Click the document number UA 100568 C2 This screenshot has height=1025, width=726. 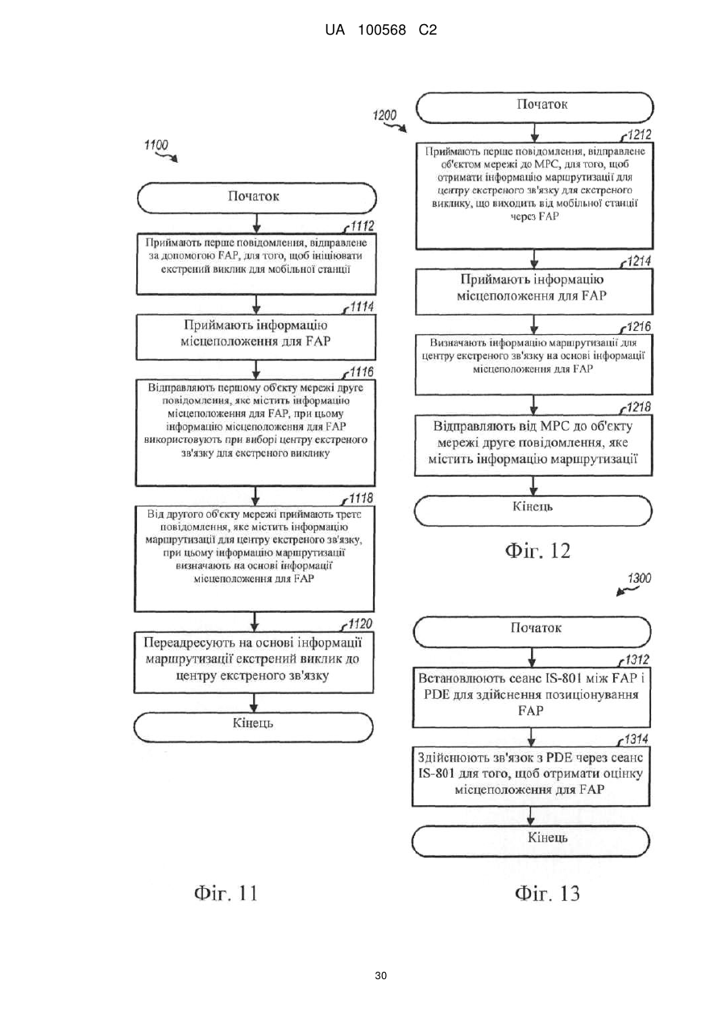coord(380,31)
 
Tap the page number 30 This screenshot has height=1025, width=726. coord(380,976)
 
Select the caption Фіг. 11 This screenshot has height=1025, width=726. coord(226,893)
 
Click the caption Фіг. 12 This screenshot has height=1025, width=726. coord(537,551)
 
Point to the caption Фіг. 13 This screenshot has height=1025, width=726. coord(547,893)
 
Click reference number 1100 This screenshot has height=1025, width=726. coord(156,145)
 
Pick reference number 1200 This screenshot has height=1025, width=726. coord(384,115)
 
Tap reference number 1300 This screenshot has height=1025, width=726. coord(639,578)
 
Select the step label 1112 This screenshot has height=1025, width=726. coord(362,226)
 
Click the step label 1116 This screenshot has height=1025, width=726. coord(362,372)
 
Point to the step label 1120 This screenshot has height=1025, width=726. coord(360,624)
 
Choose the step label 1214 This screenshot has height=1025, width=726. coord(639,262)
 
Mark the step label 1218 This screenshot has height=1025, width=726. coord(638,407)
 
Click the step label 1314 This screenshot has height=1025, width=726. coord(637,739)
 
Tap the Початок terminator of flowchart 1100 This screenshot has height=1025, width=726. coord(256,198)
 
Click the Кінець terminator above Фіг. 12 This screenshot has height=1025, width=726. coord(533,510)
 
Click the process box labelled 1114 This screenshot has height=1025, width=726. coord(256,337)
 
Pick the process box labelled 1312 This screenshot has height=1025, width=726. coord(531,698)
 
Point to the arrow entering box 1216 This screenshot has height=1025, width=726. coord(533,324)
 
